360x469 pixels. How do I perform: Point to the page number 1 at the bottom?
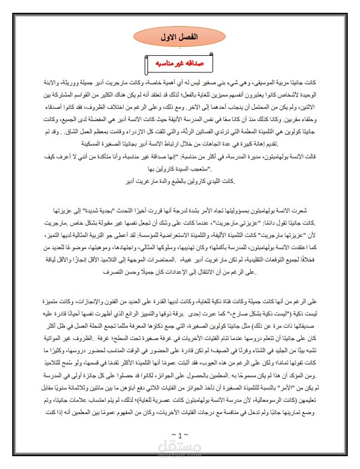pyautogui.click(x=180, y=434)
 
